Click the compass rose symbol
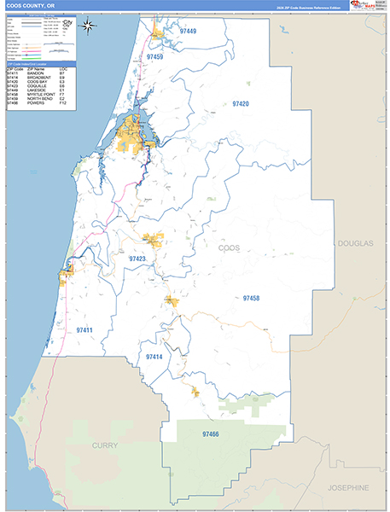(89, 24)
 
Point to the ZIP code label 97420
(241, 103)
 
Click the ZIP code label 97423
(137, 258)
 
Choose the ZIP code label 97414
(154, 357)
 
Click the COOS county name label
(230, 247)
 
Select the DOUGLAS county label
(355, 243)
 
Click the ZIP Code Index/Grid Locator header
(39, 63)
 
